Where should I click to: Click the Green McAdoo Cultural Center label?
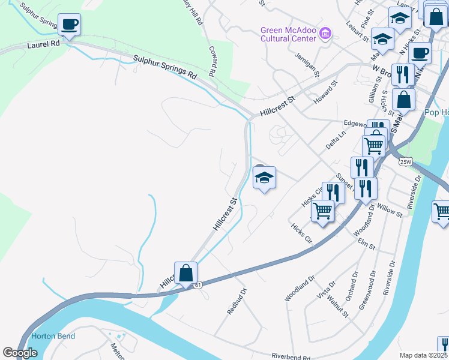click(x=288, y=34)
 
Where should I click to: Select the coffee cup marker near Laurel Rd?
click(x=69, y=25)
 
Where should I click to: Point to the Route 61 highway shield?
click(x=197, y=286)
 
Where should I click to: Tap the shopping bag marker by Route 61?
click(x=186, y=273)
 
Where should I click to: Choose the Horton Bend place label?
click(x=53, y=336)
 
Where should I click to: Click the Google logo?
click(x=20, y=353)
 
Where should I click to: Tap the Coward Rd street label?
click(x=212, y=61)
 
